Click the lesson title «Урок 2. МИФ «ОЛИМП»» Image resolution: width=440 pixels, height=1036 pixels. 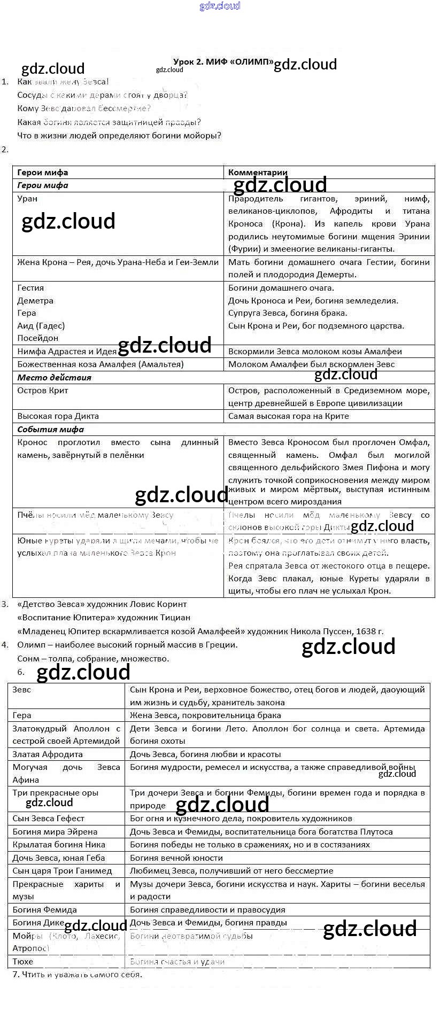click(x=223, y=61)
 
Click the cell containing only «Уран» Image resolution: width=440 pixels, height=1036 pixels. click(x=27, y=199)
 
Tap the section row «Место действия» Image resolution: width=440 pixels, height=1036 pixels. click(x=54, y=377)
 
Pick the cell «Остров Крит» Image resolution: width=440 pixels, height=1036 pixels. click(x=43, y=391)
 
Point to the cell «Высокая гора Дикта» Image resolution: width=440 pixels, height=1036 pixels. click(x=58, y=416)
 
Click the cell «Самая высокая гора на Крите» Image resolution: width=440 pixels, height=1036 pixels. click(x=288, y=416)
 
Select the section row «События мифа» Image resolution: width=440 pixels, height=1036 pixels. click(x=50, y=430)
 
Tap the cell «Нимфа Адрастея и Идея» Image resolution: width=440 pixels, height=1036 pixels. click(x=67, y=352)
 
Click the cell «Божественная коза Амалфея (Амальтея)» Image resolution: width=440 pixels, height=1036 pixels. click(x=100, y=364)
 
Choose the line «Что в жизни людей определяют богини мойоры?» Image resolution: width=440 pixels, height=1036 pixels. click(x=119, y=136)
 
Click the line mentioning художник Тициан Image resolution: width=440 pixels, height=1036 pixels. click(x=104, y=618)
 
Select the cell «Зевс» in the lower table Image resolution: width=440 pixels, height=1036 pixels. click(x=22, y=690)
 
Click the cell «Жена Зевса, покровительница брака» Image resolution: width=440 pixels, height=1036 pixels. click(x=205, y=715)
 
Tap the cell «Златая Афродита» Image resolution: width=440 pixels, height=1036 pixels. click(x=48, y=754)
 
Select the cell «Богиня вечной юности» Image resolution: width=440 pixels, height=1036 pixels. click(x=176, y=858)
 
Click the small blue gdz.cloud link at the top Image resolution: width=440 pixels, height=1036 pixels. click(x=220, y=6)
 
